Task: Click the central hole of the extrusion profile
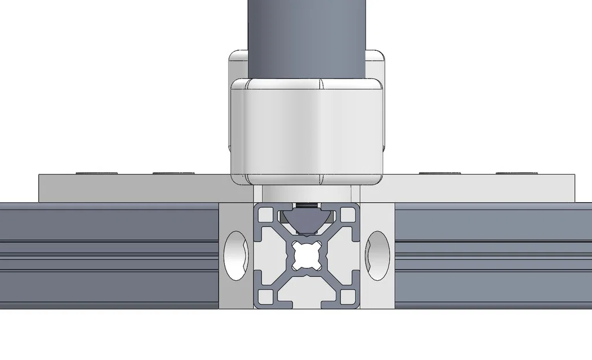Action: (306, 255)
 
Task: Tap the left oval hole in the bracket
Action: (235, 255)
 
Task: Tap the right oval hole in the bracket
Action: (378, 255)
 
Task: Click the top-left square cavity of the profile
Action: (265, 215)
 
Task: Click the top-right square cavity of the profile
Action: (347, 215)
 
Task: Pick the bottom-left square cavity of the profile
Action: (265, 296)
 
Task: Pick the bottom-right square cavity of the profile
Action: (347, 296)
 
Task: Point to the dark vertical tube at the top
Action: (306, 35)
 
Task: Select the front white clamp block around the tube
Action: (306, 130)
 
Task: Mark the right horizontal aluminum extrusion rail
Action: (491, 254)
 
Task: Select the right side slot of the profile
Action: (354, 255)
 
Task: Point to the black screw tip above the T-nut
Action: (306, 205)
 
